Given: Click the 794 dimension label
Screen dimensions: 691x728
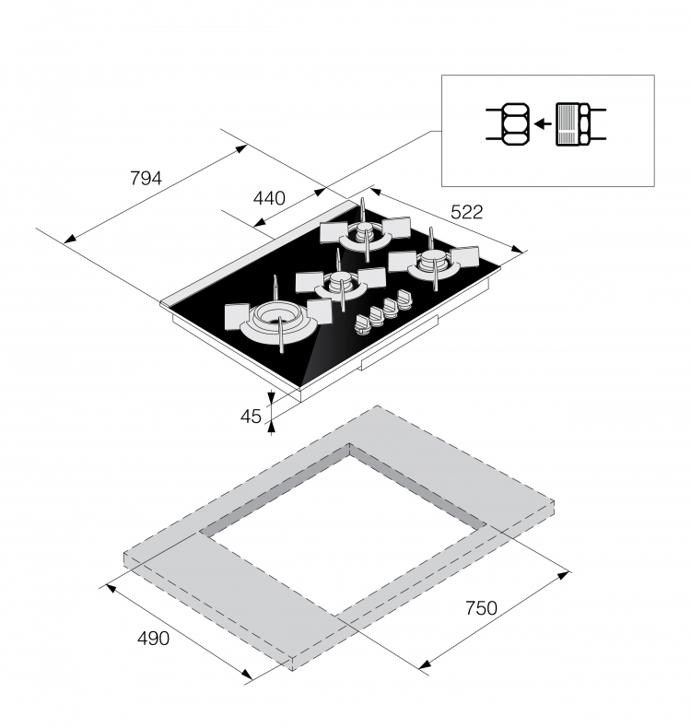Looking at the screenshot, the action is tap(146, 178).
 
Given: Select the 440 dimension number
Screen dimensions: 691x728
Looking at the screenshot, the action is tap(269, 199).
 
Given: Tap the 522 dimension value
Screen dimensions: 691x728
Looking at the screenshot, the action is tap(467, 212).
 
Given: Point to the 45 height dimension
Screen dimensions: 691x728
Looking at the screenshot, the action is tap(251, 417).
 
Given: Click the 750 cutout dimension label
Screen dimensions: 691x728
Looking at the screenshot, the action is tap(481, 608).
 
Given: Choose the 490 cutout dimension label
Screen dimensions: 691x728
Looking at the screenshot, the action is tap(154, 639).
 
